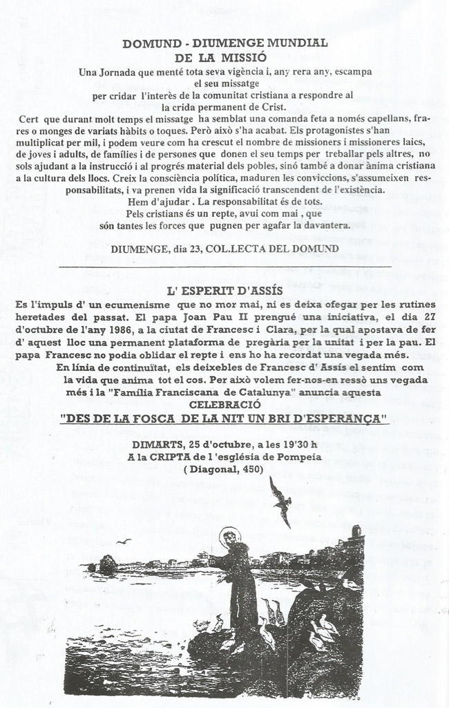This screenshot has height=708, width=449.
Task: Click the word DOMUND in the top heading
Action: click(x=148, y=43)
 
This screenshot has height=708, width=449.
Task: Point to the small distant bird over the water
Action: click(x=125, y=542)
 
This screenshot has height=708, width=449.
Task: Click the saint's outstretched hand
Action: click(x=202, y=554)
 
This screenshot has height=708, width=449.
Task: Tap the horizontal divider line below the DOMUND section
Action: click(x=224, y=266)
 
